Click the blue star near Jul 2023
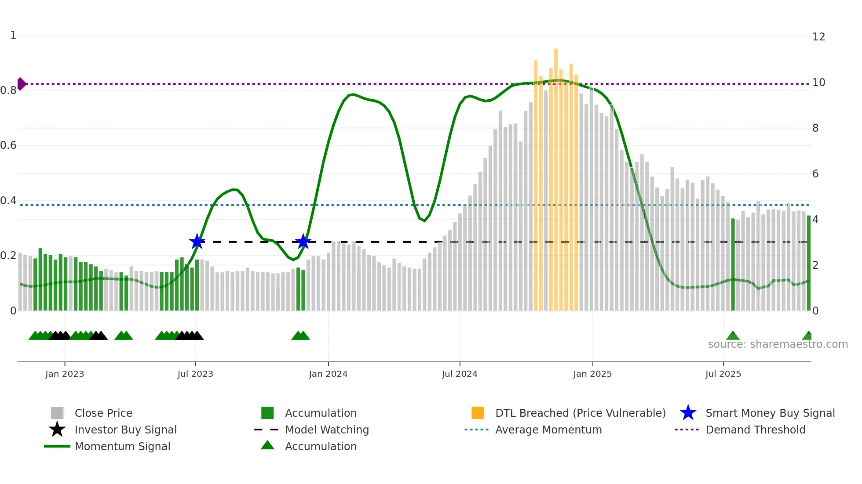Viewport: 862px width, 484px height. (197, 242)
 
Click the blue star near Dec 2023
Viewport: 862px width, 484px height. (303, 242)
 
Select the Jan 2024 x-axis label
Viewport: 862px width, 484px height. (328, 374)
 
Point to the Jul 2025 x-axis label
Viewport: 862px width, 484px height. (723, 374)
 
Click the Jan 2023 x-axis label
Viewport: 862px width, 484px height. (65, 374)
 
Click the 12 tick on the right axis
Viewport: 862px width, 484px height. (818, 37)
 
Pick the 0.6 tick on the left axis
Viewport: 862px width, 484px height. (8, 145)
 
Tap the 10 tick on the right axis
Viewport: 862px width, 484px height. (818, 83)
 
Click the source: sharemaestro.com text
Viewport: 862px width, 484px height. (778, 344)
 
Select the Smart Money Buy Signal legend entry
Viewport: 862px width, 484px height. (770, 413)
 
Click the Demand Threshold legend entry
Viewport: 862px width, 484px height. (755, 430)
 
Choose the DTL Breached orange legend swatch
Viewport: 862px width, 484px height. (478, 413)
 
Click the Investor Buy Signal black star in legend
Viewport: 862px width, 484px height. (57, 430)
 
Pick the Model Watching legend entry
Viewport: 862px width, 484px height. (326, 430)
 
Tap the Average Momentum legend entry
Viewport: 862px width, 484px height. (548, 430)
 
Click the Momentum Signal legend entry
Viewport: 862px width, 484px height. (122, 446)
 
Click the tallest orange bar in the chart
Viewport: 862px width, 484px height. (556, 176)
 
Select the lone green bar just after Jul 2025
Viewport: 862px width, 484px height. (733, 264)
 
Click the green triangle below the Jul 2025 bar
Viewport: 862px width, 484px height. (733, 336)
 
